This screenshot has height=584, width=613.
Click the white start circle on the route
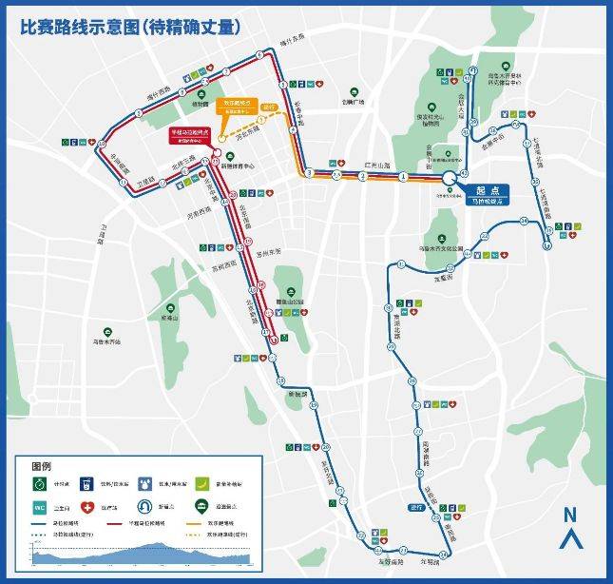pyautogui.click(x=449, y=178)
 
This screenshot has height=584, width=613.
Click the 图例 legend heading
pyautogui.click(x=41, y=467)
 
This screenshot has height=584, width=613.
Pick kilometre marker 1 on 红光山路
pyautogui.click(x=403, y=177)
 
